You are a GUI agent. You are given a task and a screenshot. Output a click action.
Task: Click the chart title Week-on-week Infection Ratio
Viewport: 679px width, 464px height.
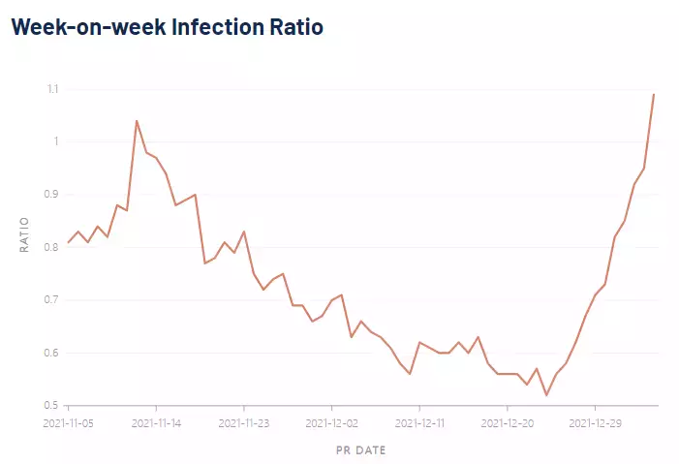coord(167,27)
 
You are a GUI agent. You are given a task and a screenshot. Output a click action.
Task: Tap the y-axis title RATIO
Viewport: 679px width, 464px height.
coord(26,234)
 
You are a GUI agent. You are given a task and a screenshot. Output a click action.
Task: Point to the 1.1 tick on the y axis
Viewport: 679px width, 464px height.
coord(51,89)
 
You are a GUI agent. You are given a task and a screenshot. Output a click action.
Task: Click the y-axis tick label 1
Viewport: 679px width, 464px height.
coord(55,141)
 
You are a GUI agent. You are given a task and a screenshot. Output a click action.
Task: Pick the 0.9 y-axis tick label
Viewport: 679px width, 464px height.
coord(51,195)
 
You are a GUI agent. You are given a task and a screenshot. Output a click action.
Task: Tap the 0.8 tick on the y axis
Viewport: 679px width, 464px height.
coord(51,247)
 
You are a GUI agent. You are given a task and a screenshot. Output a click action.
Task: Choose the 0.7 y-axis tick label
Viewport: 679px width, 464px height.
coord(51,300)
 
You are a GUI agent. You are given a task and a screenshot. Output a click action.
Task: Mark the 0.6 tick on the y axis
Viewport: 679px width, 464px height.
coord(51,353)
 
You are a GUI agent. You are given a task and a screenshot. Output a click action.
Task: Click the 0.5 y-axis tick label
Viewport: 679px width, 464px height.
coord(51,405)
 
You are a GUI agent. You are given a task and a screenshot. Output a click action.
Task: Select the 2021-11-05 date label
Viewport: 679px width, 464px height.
coord(68,423)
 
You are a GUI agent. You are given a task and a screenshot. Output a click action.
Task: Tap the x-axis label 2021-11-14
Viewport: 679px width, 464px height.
coord(156,423)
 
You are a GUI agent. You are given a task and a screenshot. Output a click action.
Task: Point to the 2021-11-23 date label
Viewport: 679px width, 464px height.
coord(244,423)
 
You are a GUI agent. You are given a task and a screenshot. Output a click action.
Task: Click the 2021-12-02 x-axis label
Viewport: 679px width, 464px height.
coord(331,423)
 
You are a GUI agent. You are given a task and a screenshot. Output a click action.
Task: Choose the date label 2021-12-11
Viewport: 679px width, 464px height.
coord(419,423)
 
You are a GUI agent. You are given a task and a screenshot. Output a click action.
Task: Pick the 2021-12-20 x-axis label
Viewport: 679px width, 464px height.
coord(508,423)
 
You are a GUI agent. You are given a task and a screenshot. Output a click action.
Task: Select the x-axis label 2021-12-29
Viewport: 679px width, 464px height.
coord(595,423)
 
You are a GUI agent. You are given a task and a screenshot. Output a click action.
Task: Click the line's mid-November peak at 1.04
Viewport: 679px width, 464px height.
coord(137,121)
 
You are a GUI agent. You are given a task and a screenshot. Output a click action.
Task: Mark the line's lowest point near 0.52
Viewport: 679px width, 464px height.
coord(546,395)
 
